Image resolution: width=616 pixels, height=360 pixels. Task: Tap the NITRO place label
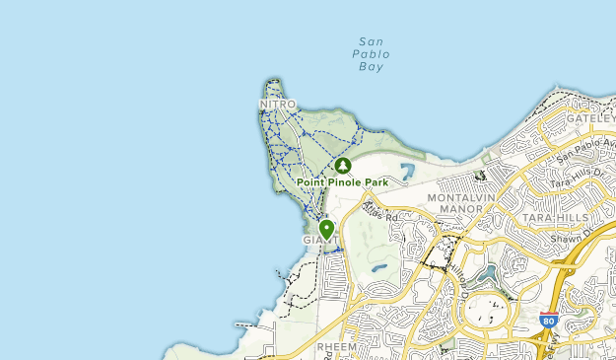(277, 104)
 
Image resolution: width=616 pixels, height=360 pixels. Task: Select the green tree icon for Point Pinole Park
(343, 166)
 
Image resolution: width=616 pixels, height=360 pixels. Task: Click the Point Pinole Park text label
(342, 182)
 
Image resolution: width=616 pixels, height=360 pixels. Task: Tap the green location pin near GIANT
(326, 229)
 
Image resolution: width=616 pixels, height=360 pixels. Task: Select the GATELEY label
(592, 117)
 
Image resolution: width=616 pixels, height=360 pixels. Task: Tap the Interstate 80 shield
(549, 321)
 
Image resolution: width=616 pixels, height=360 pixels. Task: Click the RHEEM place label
(334, 347)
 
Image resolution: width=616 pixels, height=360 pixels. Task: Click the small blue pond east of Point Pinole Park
(408, 174)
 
